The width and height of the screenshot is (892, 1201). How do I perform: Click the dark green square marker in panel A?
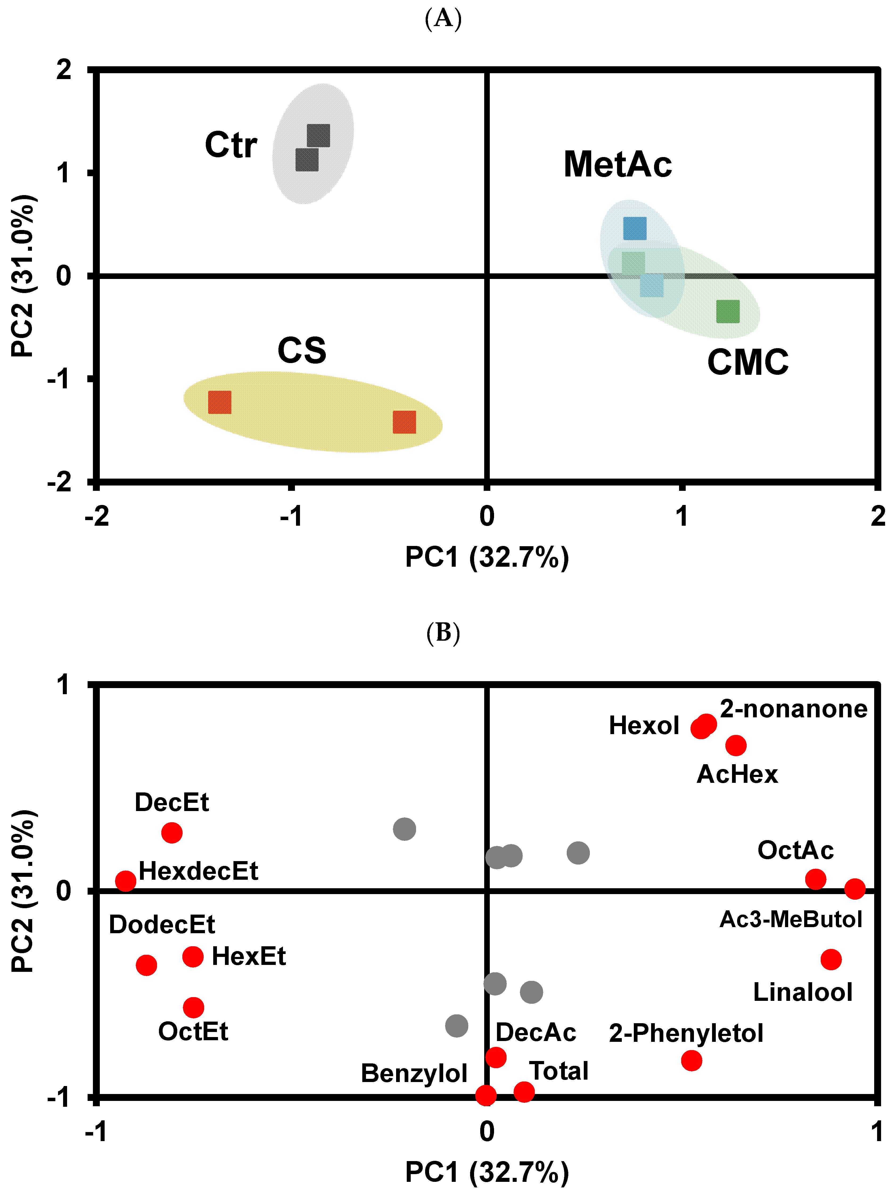[727, 311]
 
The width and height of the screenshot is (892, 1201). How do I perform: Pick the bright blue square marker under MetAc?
[634, 228]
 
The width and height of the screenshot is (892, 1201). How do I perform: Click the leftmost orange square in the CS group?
[220, 402]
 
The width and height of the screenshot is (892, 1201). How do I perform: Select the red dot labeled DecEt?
[172, 832]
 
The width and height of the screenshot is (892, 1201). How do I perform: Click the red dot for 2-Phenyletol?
[691, 1060]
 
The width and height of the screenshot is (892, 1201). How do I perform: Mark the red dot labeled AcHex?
[735, 745]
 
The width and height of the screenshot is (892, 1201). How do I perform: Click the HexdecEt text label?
[198, 871]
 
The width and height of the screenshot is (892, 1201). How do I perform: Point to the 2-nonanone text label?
[793, 709]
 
